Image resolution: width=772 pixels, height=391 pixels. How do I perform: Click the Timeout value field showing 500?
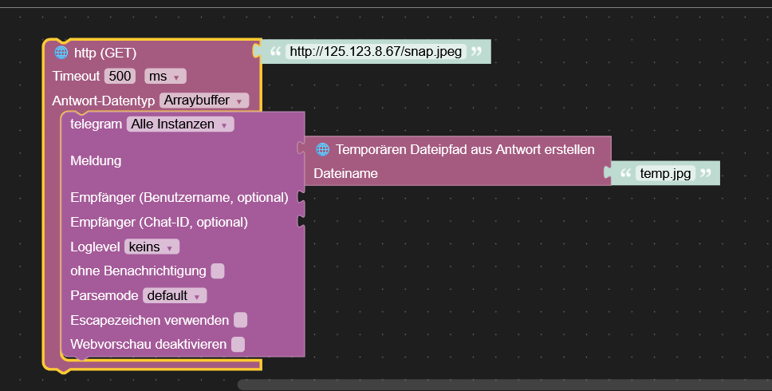pyautogui.click(x=120, y=77)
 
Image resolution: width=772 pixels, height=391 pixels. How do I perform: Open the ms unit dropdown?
pyautogui.click(x=164, y=77)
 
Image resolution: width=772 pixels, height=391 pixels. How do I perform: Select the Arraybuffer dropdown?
pyautogui.click(x=204, y=101)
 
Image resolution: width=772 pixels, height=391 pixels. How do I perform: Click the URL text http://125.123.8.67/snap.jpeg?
pyautogui.click(x=376, y=52)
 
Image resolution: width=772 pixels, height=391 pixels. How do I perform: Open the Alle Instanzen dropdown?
pyautogui.click(x=180, y=124)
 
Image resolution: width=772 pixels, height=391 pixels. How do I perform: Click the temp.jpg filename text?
pyautogui.click(x=665, y=173)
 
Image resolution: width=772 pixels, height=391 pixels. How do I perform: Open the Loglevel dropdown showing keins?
pyautogui.click(x=152, y=247)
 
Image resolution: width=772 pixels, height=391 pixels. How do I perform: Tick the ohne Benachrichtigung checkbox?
pyautogui.click(x=218, y=271)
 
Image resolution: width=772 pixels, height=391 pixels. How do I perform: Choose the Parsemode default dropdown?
pyautogui.click(x=174, y=295)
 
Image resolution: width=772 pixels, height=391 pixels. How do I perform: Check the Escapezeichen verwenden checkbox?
pyautogui.click(x=240, y=320)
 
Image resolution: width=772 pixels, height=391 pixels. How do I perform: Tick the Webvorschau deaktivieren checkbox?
pyautogui.click(x=238, y=345)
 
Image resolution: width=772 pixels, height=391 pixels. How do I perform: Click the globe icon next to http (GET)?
pyautogui.click(x=61, y=53)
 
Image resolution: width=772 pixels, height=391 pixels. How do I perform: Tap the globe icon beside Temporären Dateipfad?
pyautogui.click(x=323, y=149)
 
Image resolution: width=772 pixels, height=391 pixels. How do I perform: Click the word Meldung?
pyautogui.click(x=96, y=160)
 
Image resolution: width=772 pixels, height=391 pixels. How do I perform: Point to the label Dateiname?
pyautogui.click(x=345, y=173)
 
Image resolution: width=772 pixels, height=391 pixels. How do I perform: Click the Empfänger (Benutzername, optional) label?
pyautogui.click(x=179, y=197)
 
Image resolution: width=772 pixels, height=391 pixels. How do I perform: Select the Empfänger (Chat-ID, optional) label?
pyautogui.click(x=159, y=222)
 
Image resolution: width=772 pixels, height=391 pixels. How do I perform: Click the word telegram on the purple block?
pyautogui.click(x=96, y=124)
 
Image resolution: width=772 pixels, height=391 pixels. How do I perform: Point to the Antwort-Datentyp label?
pyautogui.click(x=104, y=101)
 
